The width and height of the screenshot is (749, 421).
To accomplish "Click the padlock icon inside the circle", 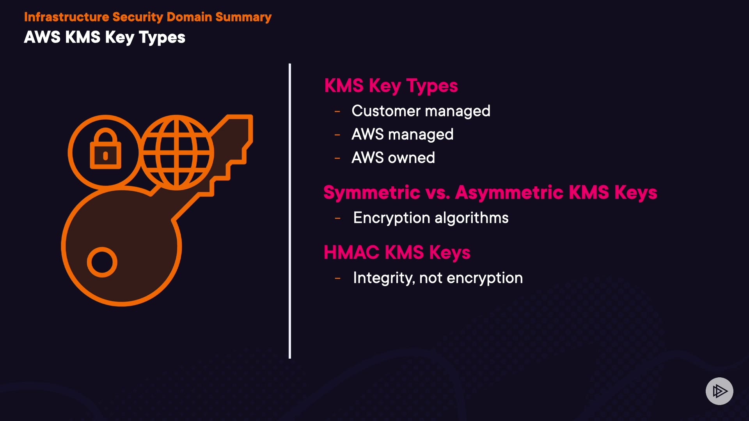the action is (105, 150).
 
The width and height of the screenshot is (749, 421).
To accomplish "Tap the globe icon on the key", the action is (177, 152).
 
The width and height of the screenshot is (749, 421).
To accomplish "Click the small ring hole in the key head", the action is (102, 262).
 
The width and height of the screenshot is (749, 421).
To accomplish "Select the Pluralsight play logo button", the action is (719, 391).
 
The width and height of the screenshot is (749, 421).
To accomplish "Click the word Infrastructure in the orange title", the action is (66, 17).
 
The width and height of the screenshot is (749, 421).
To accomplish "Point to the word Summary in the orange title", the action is (243, 17).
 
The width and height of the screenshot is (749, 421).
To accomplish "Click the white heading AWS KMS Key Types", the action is (105, 37).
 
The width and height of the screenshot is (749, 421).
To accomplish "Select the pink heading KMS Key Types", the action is (391, 86).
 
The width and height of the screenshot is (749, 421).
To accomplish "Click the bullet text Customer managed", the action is (421, 111).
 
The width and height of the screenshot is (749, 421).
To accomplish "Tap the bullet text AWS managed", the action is (402, 134).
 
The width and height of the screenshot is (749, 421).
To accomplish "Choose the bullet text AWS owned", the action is (393, 158).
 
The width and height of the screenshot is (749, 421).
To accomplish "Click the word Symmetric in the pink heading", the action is (372, 193).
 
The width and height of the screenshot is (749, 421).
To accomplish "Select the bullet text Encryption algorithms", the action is (431, 218).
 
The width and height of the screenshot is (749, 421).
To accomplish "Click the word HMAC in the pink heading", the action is (351, 252).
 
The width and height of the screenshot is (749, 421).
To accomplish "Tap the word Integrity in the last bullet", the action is (383, 278).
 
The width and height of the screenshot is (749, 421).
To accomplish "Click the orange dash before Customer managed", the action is (337, 112).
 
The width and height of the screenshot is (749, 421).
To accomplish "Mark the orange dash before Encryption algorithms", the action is (338, 219).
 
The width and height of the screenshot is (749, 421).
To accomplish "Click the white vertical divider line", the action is (290, 210).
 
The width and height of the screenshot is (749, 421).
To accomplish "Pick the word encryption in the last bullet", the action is (485, 278).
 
